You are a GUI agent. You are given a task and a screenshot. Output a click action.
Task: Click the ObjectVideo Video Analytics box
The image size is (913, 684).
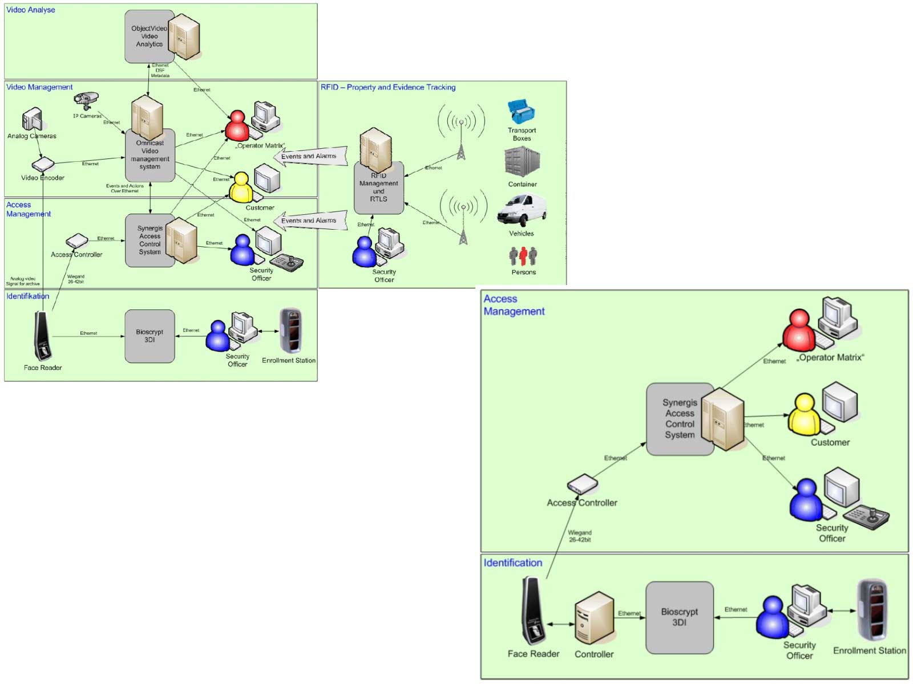[150, 36]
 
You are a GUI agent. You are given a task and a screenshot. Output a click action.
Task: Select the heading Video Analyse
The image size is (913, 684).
[31, 10]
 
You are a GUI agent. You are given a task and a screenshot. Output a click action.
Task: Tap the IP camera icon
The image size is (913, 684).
[87, 101]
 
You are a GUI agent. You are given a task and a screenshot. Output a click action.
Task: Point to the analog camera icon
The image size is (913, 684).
[32, 119]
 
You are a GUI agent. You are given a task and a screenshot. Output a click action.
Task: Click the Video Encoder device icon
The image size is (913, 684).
[43, 165]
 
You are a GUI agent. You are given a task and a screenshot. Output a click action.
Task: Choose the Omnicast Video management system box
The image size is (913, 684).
[150, 155]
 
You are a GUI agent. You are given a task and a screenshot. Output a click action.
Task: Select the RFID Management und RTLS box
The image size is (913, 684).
[378, 188]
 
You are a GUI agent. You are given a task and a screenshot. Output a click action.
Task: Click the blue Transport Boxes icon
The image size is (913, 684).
[521, 112]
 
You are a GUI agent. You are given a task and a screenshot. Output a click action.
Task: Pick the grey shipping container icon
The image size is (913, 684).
[522, 162]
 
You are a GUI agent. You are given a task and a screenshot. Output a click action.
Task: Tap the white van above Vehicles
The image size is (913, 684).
[522, 210]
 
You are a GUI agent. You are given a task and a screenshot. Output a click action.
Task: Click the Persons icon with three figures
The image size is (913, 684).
[523, 256]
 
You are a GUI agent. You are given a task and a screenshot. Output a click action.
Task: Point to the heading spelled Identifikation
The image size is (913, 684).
[27, 296]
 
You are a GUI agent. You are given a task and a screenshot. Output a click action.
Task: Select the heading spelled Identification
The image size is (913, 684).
[512, 563]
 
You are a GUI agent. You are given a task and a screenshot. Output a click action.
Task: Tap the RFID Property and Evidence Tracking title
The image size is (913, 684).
[388, 87]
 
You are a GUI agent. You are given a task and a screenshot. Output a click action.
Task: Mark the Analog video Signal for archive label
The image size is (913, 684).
[23, 281]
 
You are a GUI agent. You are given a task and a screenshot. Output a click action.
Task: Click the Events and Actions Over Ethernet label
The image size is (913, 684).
[124, 188]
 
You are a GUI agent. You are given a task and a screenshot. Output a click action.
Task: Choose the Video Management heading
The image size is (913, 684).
[39, 87]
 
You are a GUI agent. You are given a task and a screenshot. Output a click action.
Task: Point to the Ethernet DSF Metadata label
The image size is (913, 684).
[160, 70]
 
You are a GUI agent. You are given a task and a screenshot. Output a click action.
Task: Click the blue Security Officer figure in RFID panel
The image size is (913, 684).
[364, 253]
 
